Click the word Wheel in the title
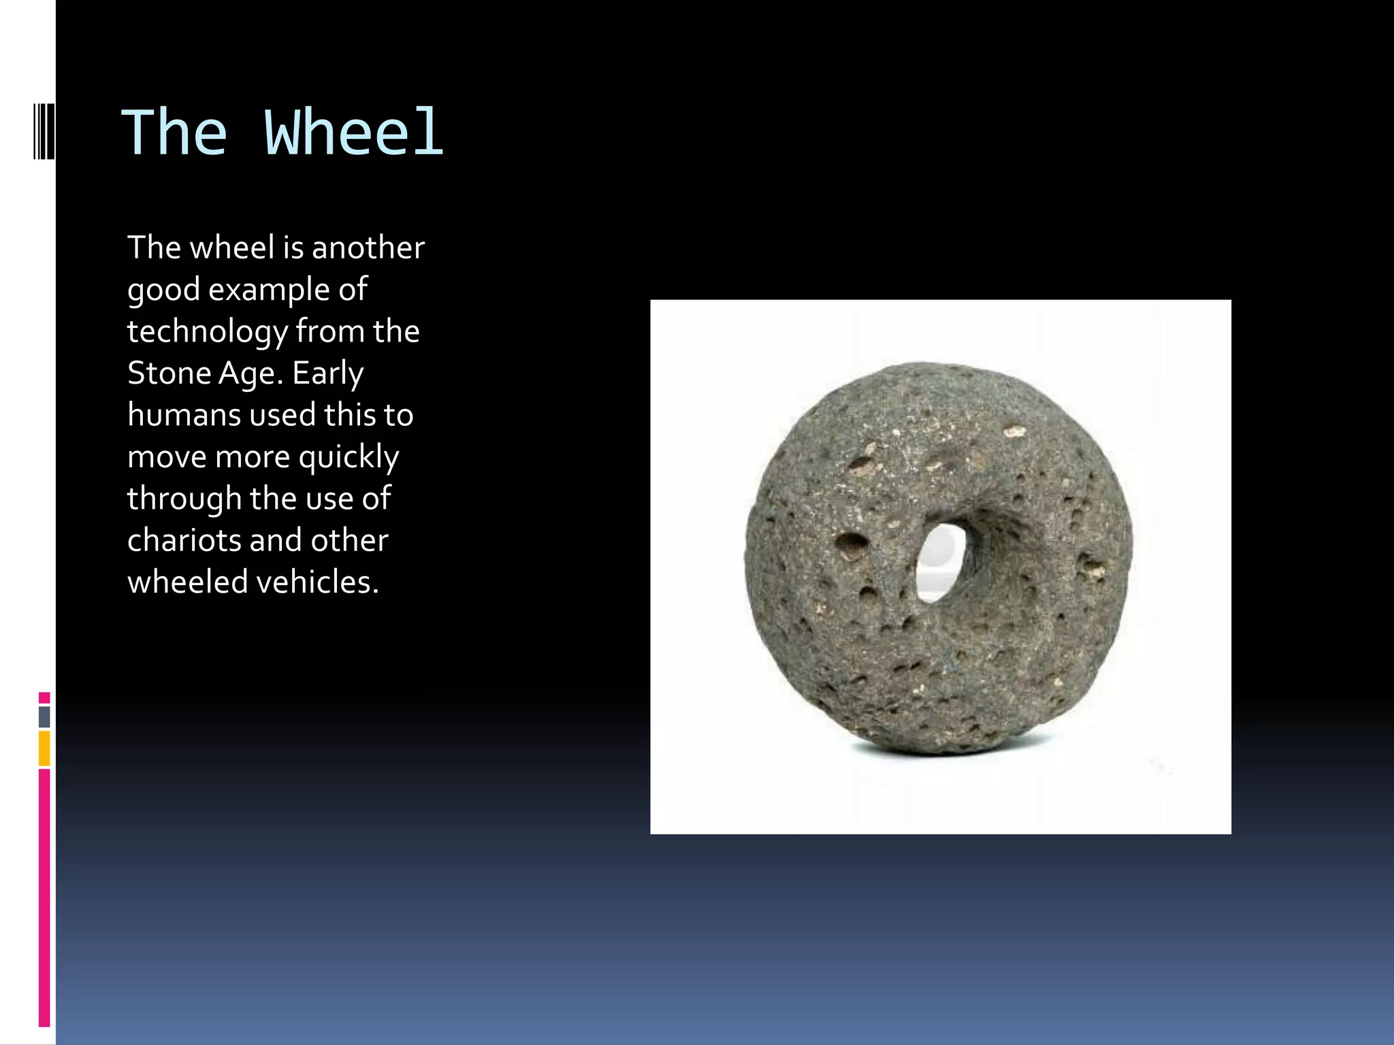pyautogui.click(x=354, y=133)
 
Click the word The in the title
pyautogui.click(x=174, y=133)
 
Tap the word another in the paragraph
pyautogui.click(x=368, y=248)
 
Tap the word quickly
pyautogui.click(x=348, y=458)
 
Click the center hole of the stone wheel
pyautogui.click(x=941, y=562)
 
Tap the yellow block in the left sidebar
pyautogui.click(x=44, y=748)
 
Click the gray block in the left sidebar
pyautogui.click(x=44, y=717)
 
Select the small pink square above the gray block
pyautogui.click(x=44, y=698)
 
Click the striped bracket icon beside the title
pyautogui.click(x=44, y=131)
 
